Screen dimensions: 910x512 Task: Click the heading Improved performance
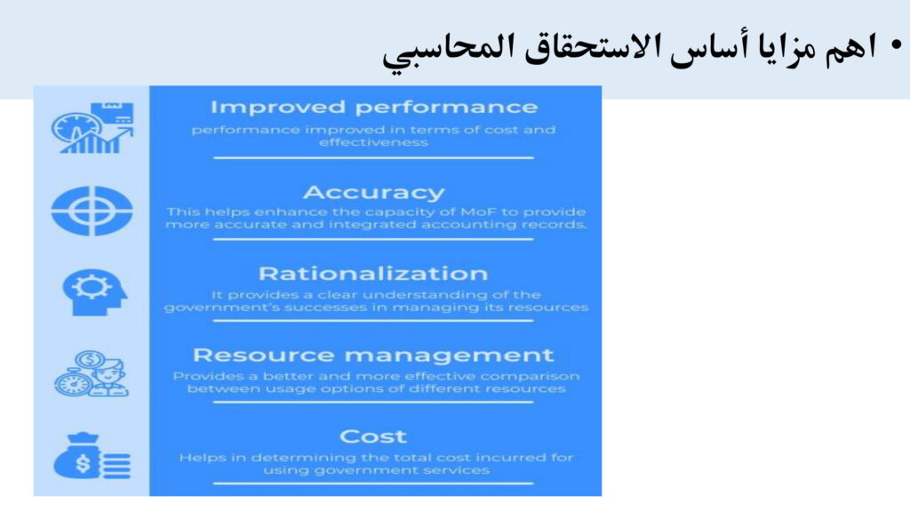click(374, 108)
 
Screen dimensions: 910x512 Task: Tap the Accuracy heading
click(374, 192)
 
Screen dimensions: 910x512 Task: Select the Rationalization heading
click(373, 274)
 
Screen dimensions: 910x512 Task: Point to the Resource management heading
click(373, 355)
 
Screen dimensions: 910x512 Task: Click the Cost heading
click(373, 436)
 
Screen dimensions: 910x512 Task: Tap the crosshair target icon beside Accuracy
click(92, 211)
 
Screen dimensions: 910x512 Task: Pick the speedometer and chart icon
click(92, 128)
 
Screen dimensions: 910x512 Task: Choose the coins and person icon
click(92, 374)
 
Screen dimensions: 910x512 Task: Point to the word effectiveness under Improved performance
click(374, 142)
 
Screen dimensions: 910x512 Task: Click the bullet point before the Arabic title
click(897, 45)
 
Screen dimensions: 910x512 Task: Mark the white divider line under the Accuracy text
click(373, 238)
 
